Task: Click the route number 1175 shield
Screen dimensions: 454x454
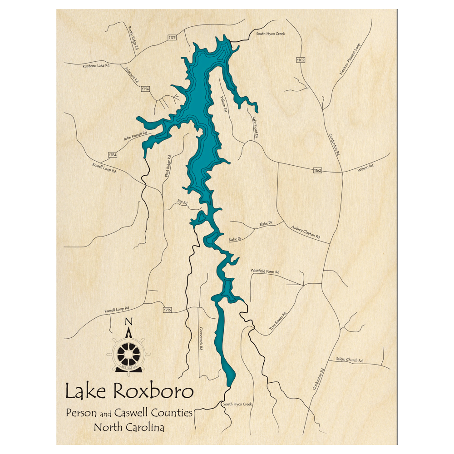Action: pos(172,38)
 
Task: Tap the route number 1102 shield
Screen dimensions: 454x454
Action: pos(301,60)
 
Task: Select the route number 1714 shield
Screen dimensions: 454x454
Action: pos(145,89)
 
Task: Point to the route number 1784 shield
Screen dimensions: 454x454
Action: pos(113,155)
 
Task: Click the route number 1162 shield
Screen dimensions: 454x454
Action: pos(317,171)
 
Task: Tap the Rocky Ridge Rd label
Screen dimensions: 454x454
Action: pos(133,38)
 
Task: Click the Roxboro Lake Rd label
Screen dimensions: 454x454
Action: pos(96,66)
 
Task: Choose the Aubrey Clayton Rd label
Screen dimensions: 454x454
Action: pos(306,232)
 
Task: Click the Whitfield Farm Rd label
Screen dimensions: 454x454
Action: pos(265,271)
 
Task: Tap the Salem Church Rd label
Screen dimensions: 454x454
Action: pos(349,360)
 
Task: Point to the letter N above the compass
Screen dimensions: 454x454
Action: pos(128,323)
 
